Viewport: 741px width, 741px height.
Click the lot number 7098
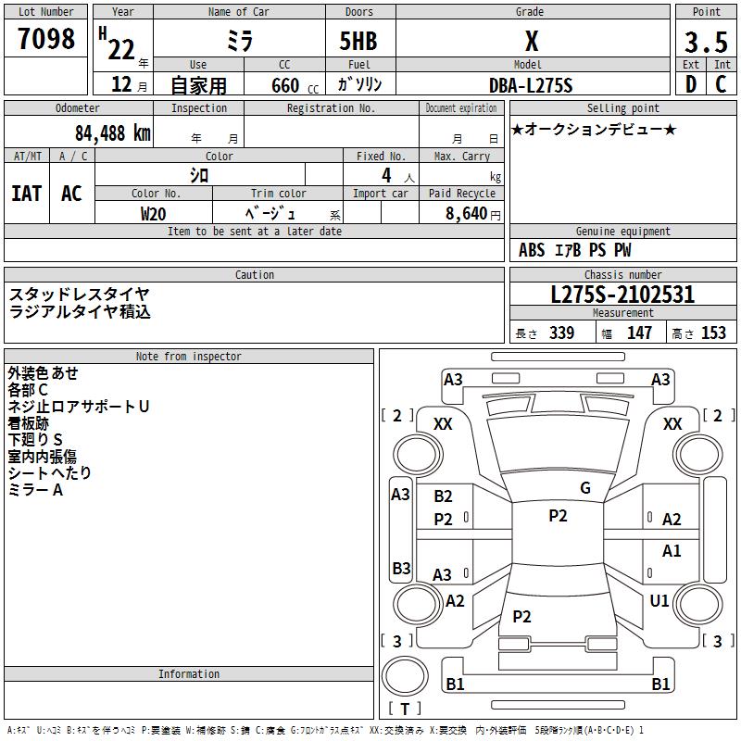46,38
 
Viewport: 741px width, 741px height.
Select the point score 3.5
706,42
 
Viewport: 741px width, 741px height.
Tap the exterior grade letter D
691,84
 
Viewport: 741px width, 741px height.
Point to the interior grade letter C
721,84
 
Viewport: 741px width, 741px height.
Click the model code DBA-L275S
531,85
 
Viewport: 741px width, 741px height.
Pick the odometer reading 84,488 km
112,133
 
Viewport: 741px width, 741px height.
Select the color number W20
153,214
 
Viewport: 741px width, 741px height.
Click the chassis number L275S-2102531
622,295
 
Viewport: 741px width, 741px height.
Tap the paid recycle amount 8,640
466,213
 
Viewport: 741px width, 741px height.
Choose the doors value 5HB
358,41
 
